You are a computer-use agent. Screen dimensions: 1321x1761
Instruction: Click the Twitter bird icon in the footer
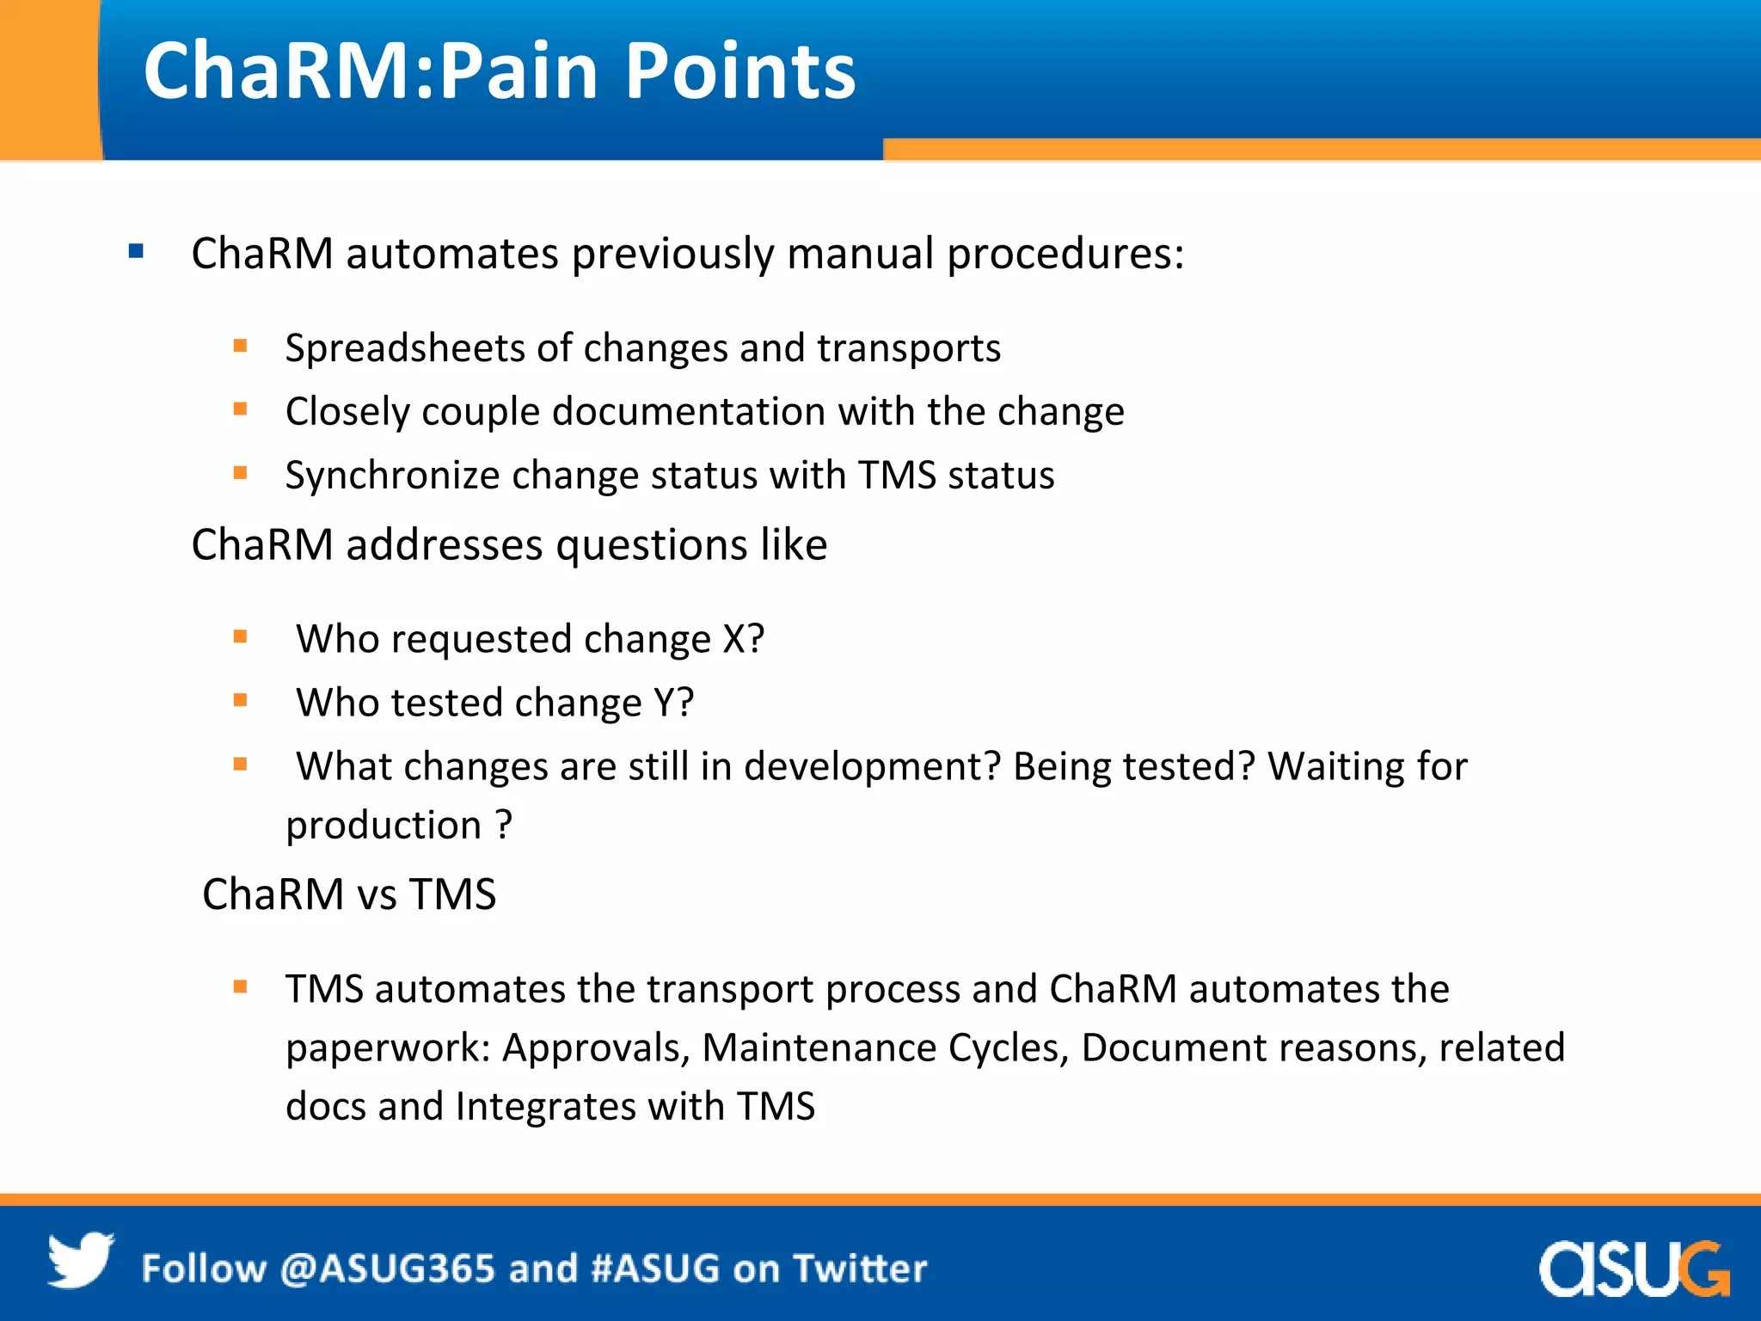pyautogui.click(x=80, y=1261)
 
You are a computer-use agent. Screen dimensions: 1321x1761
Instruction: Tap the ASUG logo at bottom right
pyautogui.click(x=1633, y=1269)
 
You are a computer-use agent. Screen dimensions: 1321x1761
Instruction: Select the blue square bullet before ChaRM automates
pyautogui.click(x=136, y=252)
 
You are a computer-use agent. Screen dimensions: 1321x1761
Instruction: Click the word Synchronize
pyautogui.click(x=392, y=476)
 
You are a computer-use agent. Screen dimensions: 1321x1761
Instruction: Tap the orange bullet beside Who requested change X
pyautogui.click(x=240, y=637)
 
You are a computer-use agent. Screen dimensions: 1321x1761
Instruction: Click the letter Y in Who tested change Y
pyautogui.click(x=665, y=703)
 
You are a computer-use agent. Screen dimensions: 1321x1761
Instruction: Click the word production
pyautogui.click(x=383, y=826)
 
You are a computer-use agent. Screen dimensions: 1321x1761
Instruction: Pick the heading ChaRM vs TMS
pyautogui.click(x=348, y=894)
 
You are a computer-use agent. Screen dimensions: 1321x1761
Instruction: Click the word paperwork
pyautogui.click(x=388, y=1048)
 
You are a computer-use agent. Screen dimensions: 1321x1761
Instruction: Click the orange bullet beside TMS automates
pyautogui.click(x=240, y=987)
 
